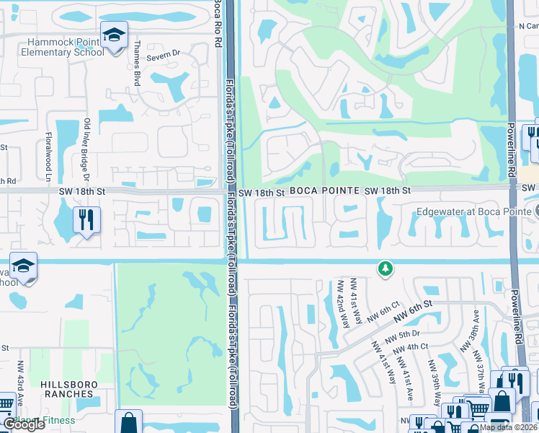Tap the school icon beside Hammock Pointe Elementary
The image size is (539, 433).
(113, 36)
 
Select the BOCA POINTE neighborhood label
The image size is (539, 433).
(325, 191)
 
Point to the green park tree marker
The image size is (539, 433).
(386, 269)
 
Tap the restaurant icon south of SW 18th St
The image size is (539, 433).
(86, 219)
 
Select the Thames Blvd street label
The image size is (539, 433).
(135, 64)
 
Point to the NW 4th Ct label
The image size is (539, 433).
(413, 346)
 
